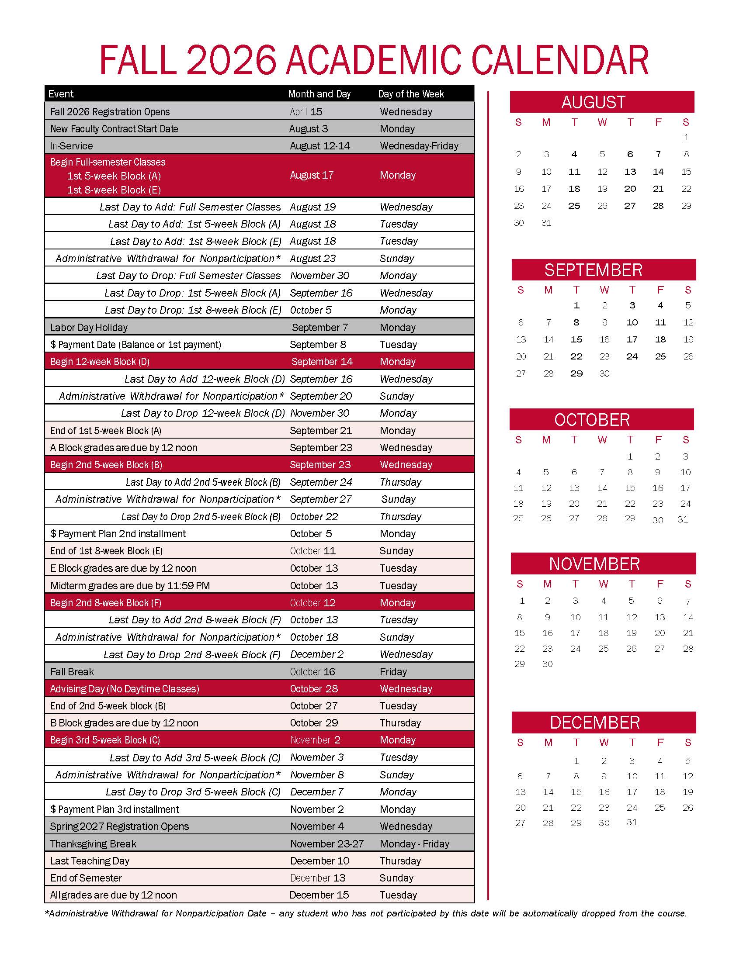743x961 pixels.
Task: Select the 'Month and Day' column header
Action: click(x=319, y=94)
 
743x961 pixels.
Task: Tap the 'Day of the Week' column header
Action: click(x=411, y=94)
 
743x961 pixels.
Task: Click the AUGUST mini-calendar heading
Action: click(x=593, y=102)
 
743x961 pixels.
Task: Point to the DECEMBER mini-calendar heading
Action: click(x=595, y=722)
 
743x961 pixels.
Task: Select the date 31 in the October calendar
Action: click(x=683, y=519)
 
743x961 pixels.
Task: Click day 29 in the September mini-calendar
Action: click(x=576, y=373)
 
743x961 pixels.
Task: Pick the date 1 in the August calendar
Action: click(x=686, y=137)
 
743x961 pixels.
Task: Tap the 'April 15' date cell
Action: click(x=306, y=112)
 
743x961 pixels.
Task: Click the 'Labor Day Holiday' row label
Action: click(x=89, y=327)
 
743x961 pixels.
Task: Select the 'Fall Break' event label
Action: click(x=72, y=671)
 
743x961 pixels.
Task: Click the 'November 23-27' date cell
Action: click(x=326, y=843)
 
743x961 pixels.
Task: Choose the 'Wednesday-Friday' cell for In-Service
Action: click(x=419, y=145)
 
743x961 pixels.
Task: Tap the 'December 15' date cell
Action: click(x=319, y=895)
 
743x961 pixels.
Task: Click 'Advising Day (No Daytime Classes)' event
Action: click(x=125, y=688)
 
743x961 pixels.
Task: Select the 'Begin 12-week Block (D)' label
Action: click(x=100, y=362)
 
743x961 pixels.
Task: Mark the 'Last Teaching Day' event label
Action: click(x=90, y=861)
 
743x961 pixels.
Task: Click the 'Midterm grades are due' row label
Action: click(x=130, y=586)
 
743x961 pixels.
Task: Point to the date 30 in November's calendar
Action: click(x=547, y=664)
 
